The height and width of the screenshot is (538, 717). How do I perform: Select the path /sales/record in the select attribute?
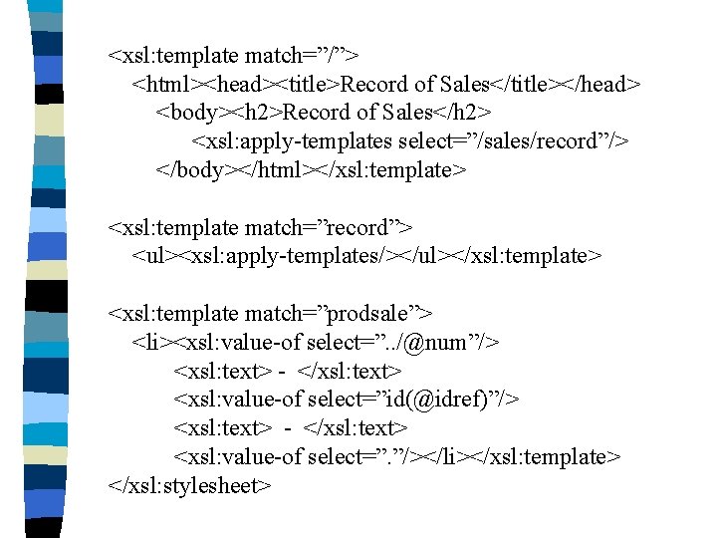[x=539, y=141]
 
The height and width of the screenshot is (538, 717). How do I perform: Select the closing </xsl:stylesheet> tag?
[x=190, y=485]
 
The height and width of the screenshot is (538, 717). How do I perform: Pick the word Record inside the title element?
[x=373, y=84]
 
